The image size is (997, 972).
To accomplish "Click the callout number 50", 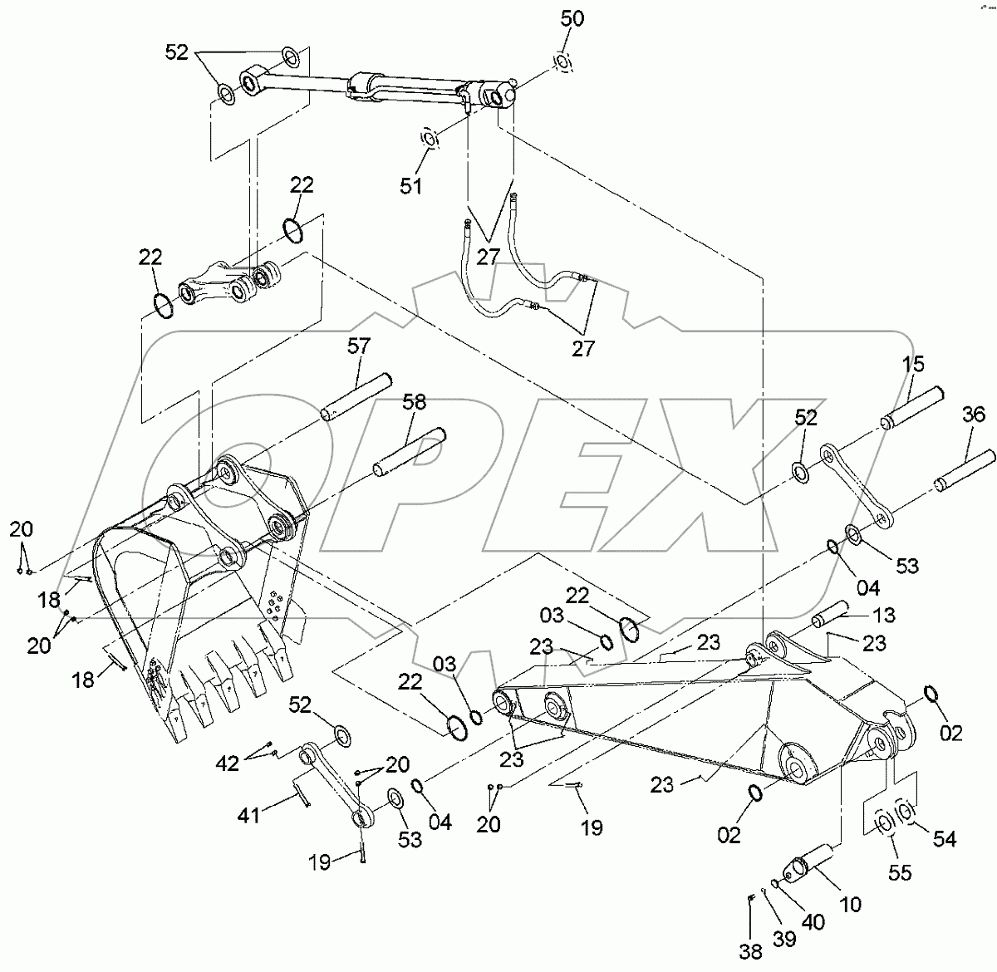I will [x=572, y=17].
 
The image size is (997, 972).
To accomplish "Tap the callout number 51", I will [x=410, y=185].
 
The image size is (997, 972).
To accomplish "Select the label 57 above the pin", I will [x=359, y=347].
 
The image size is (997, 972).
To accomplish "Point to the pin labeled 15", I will [x=915, y=407].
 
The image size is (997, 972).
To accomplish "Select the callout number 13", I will [x=885, y=615].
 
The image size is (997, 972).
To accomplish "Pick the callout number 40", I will [x=813, y=922].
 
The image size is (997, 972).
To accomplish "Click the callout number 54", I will [x=944, y=839].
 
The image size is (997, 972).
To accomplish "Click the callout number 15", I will [x=912, y=364].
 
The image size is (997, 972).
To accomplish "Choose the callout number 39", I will [x=783, y=938].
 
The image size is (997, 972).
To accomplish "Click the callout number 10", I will [x=851, y=903].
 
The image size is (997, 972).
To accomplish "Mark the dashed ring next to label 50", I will [x=562, y=62].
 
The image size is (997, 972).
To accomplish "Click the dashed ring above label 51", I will [x=430, y=140].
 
